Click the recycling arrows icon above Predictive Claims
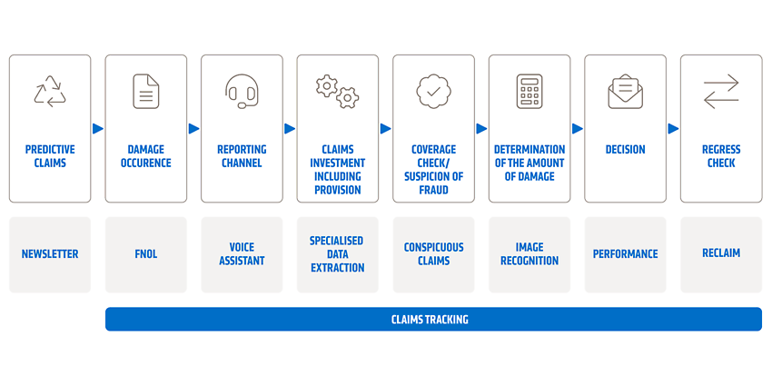50,92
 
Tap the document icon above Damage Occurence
145,92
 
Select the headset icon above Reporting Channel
242,91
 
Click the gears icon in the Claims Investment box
337,92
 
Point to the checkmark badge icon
433,92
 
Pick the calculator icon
530,92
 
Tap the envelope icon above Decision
625,92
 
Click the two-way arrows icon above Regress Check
721,92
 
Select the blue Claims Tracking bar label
430,320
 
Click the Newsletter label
50,254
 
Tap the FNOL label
145,254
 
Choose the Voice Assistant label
242,254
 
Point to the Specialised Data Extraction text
337,254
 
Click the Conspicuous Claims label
433,254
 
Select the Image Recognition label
530,254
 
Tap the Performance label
625,254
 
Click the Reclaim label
721,253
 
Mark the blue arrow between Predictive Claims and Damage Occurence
98,128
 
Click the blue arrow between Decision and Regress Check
674,128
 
